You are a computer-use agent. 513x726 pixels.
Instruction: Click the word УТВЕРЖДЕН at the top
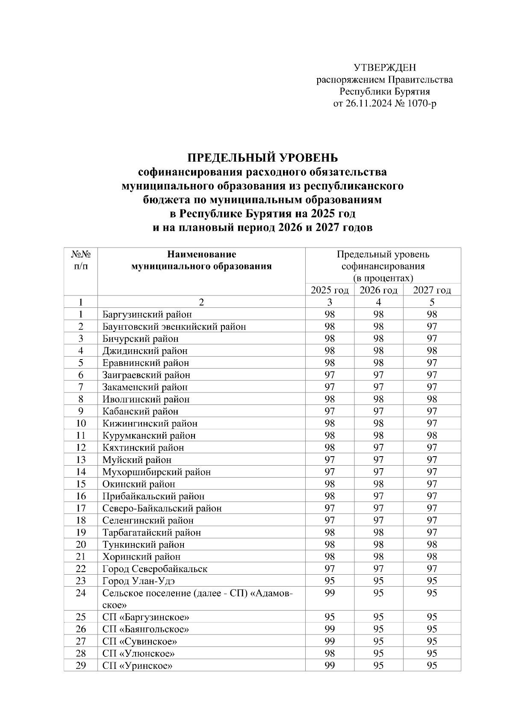point(384,68)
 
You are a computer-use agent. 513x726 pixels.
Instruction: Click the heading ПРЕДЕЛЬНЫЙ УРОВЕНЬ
point(262,158)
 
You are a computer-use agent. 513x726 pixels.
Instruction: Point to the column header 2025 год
point(330,290)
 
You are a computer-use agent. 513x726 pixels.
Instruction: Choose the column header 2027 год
point(432,290)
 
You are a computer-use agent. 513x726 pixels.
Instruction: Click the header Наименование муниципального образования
point(201,260)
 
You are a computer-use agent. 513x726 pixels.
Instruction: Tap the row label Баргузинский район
point(147,315)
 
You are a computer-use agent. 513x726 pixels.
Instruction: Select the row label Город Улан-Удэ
point(139,581)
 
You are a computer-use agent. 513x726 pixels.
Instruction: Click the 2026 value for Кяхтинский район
point(378,448)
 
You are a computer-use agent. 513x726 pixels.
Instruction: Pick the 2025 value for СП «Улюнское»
point(330,654)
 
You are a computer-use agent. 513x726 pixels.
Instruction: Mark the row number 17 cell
point(80,508)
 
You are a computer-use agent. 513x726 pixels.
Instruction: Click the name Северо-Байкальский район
point(162,508)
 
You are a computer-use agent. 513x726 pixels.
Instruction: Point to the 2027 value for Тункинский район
point(432,545)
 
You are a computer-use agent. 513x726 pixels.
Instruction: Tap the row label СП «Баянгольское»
point(146,629)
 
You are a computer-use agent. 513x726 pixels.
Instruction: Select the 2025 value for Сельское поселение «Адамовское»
point(330,593)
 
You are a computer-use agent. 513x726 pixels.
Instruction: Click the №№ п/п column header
point(80,260)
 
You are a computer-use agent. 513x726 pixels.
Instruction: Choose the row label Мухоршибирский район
point(156,472)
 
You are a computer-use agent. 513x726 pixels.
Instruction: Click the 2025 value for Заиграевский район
point(330,375)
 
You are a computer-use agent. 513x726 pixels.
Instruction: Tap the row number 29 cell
point(80,666)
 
